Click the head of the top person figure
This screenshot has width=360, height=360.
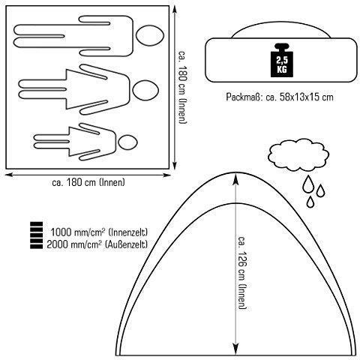[150, 35]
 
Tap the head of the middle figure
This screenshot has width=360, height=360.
[145, 90]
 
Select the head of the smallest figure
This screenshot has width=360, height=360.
[127, 142]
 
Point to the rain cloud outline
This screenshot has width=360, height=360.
[298, 155]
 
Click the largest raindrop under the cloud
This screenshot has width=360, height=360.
[307, 184]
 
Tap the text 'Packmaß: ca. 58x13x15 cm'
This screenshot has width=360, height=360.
[280, 97]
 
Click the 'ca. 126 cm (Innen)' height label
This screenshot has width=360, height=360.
[242, 272]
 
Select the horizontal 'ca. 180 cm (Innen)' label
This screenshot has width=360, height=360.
[88, 182]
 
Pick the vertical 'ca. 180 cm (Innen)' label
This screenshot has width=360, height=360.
[183, 87]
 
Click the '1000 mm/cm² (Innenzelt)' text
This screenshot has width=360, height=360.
[99, 232]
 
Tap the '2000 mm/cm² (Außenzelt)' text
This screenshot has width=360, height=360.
[97, 244]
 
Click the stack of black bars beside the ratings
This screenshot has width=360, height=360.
[36, 235]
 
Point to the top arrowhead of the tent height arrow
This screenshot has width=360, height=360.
[235, 178]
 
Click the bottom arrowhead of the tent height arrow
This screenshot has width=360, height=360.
[235, 349]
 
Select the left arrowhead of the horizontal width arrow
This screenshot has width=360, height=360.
[9, 175]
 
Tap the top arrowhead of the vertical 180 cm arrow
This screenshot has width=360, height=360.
[175, 9]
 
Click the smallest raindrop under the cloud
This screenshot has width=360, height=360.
[310, 202]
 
